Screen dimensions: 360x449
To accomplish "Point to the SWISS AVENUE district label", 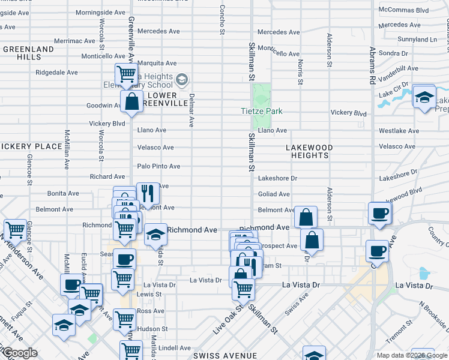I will click(x=225, y=356).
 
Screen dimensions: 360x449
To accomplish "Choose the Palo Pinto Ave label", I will click(x=158, y=166).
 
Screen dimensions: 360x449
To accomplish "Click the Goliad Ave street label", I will click(x=274, y=194).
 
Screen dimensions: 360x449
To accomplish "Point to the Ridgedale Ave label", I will click(x=56, y=72).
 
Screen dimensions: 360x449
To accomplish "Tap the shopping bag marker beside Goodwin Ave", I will click(x=131, y=101).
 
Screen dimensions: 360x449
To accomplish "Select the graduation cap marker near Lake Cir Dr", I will click(x=424, y=98).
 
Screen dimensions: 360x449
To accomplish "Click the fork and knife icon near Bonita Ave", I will click(x=148, y=193).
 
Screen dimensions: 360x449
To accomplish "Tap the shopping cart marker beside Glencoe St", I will click(x=15, y=230).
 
